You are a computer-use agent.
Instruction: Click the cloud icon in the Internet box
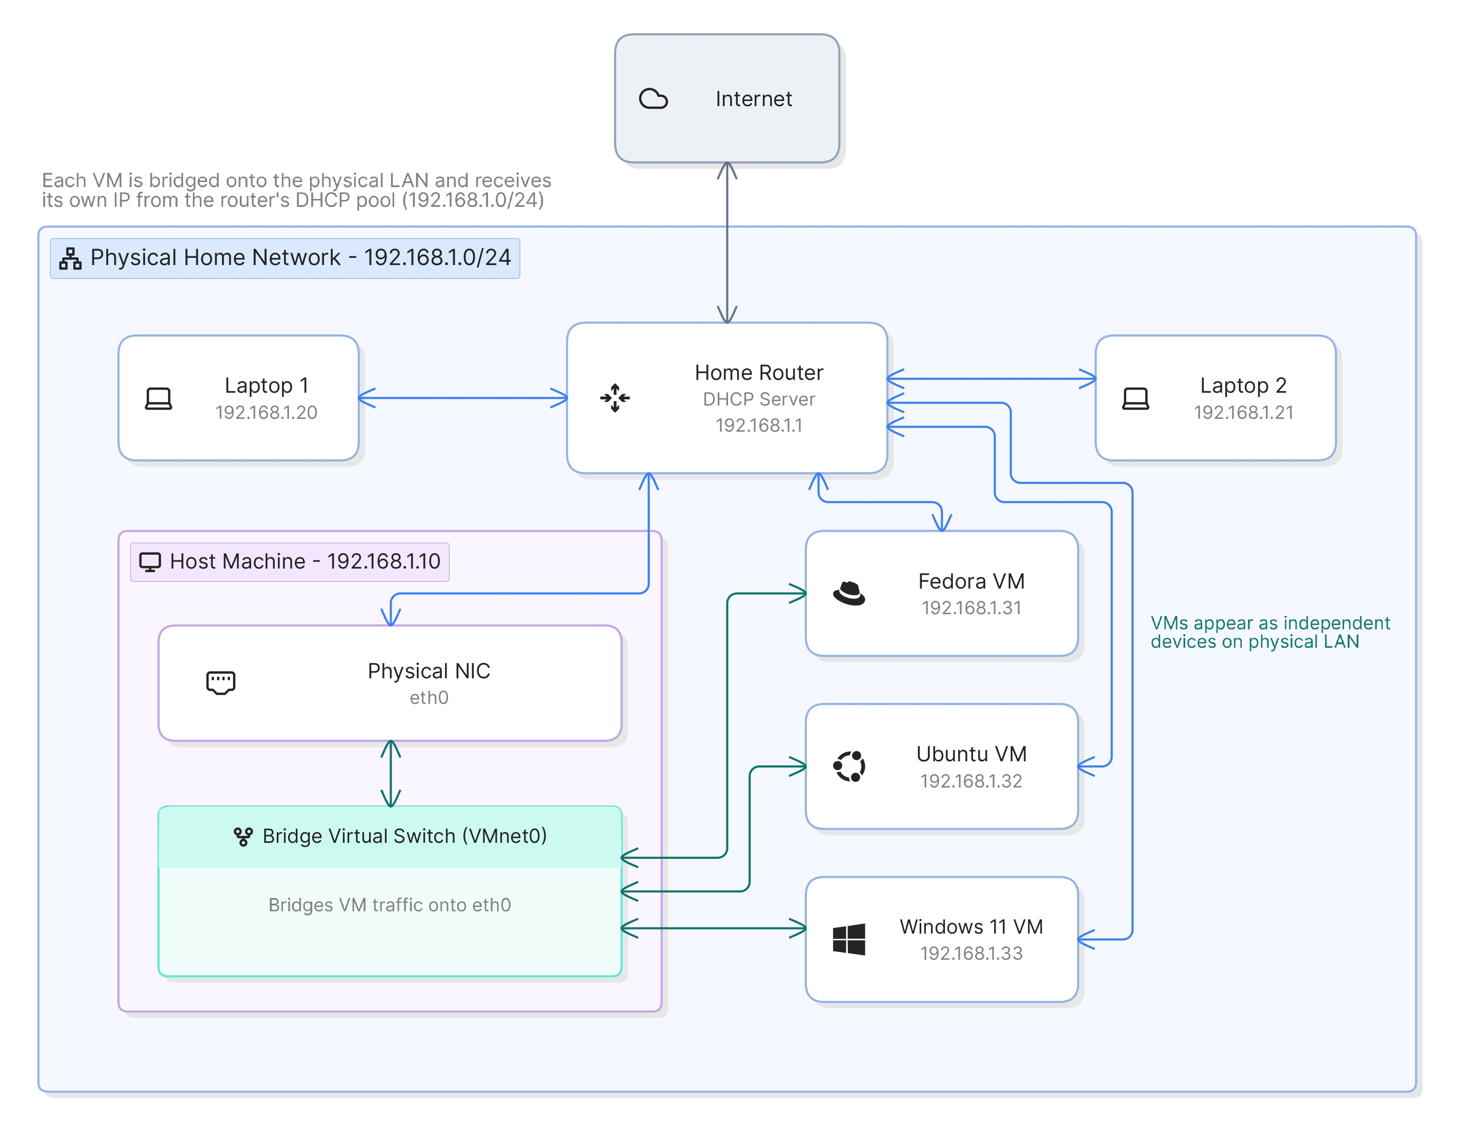click(653, 99)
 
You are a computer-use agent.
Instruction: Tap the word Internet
click(754, 99)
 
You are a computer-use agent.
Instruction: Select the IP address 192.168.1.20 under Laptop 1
click(266, 413)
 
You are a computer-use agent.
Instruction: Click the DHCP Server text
click(759, 399)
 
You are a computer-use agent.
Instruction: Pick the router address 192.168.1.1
click(759, 425)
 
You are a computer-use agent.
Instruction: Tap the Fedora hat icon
click(849, 593)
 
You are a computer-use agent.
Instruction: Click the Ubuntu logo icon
click(849, 766)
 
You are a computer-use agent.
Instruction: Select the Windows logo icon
click(849, 939)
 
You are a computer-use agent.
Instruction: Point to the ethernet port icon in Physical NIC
click(220, 683)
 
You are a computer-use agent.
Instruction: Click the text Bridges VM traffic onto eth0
click(390, 905)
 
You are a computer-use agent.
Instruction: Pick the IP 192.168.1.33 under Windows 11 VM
click(971, 954)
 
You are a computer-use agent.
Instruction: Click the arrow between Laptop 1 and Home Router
click(463, 398)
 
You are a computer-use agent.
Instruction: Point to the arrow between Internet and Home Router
click(727, 242)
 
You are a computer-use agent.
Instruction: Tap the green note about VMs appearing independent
click(1270, 633)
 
